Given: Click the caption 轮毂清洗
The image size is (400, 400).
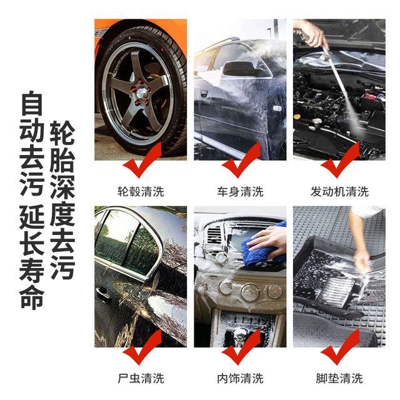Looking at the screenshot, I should pyautogui.click(x=141, y=191).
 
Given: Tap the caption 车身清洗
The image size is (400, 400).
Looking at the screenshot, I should pyautogui.click(x=240, y=191).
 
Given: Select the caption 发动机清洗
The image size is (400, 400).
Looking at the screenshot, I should pyautogui.click(x=339, y=191).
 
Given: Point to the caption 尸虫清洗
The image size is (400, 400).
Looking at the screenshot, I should pyautogui.click(x=141, y=378).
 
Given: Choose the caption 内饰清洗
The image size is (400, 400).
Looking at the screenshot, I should pyautogui.click(x=240, y=378).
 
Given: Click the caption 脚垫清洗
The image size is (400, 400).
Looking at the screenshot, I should pyautogui.click(x=339, y=378).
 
